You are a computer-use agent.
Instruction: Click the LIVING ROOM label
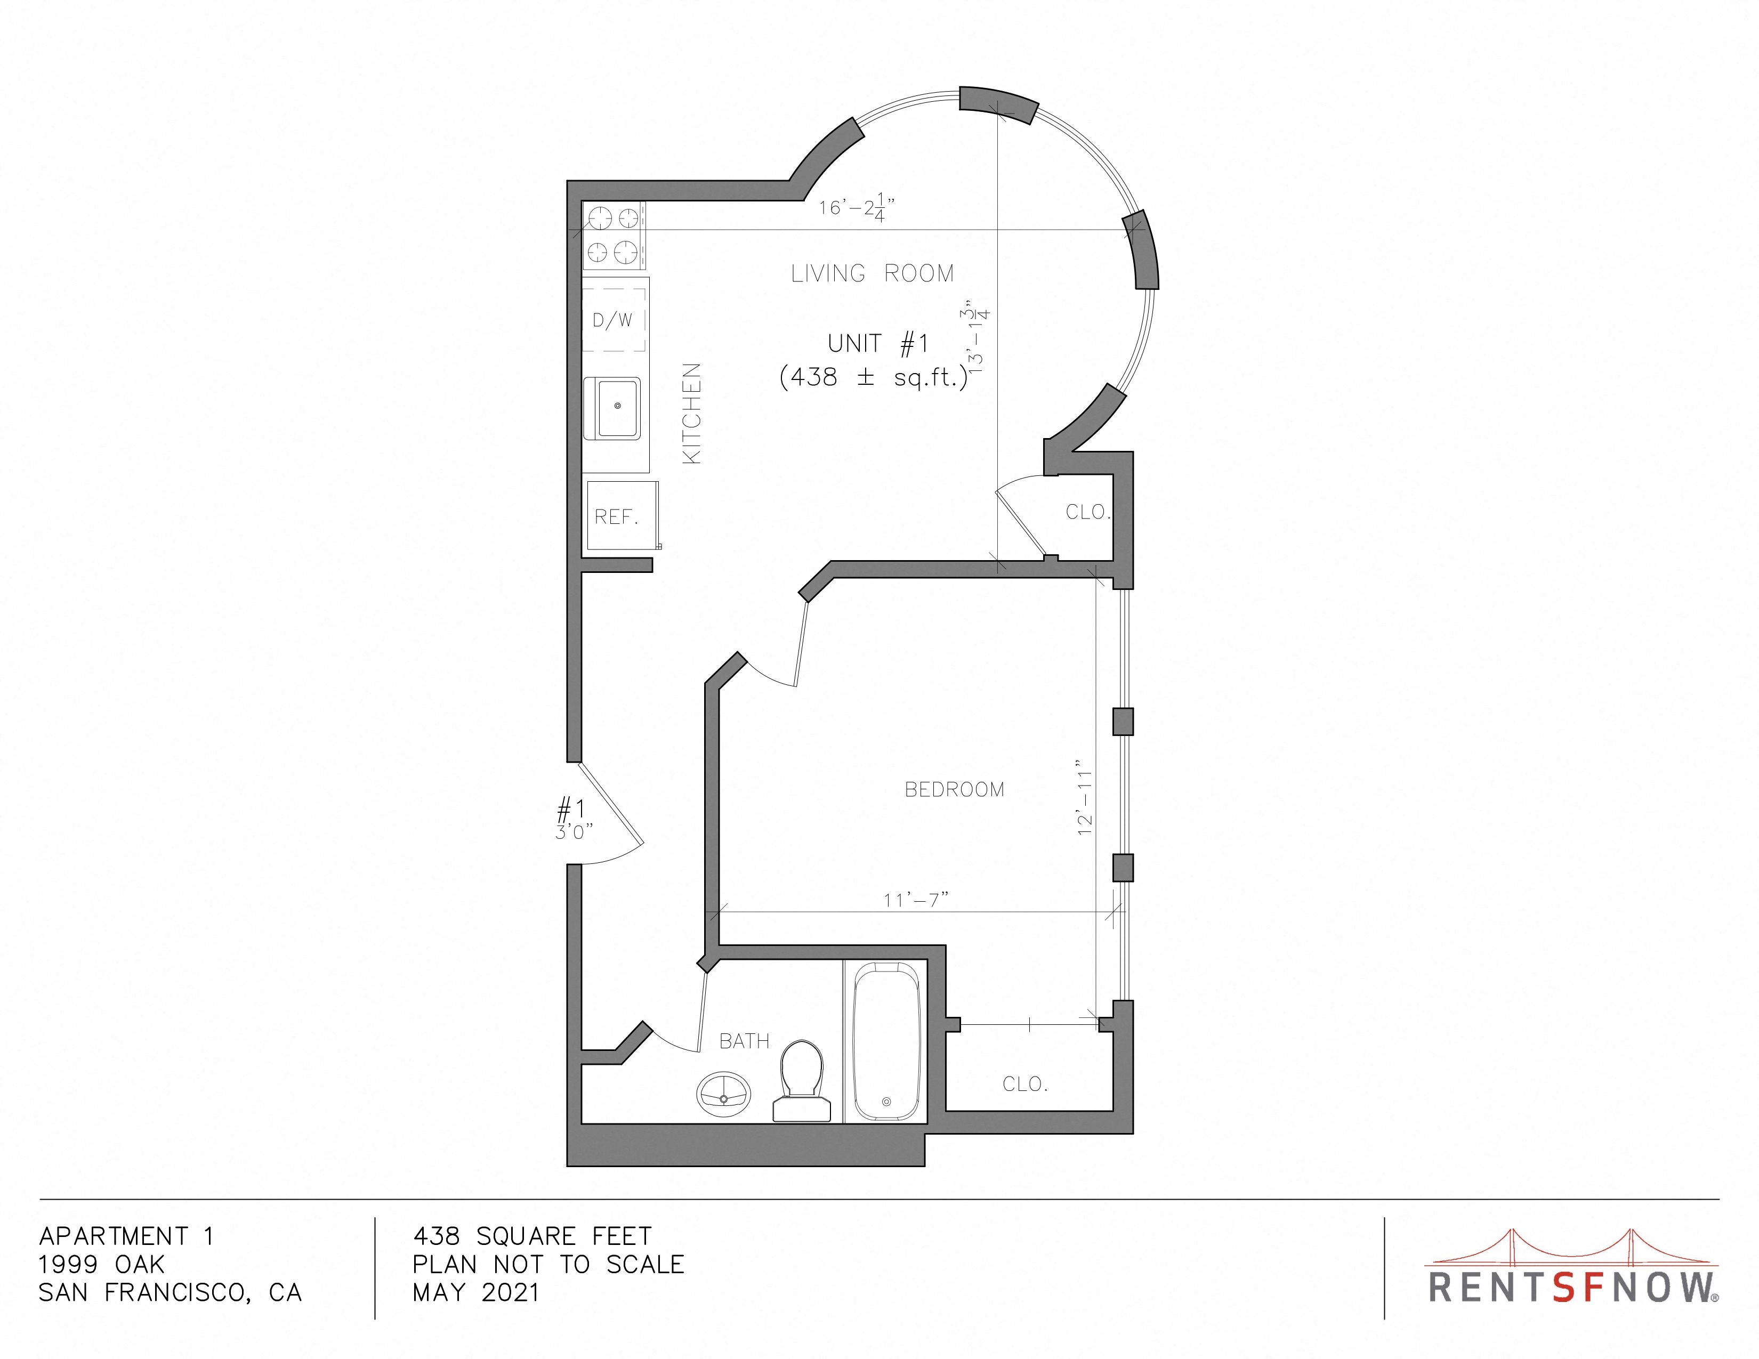point(872,274)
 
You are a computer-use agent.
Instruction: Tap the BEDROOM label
point(955,790)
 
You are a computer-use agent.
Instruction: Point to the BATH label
point(744,1041)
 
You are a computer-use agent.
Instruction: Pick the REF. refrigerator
point(623,516)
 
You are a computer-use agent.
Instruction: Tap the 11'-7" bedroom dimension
point(916,899)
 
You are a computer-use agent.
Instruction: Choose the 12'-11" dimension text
point(1085,797)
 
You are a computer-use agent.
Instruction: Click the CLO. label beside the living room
point(1088,512)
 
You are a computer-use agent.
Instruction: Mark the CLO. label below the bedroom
point(1025,1085)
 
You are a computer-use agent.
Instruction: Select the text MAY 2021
point(476,1292)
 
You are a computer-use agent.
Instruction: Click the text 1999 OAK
point(101,1264)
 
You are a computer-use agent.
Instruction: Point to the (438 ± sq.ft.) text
point(874,377)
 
